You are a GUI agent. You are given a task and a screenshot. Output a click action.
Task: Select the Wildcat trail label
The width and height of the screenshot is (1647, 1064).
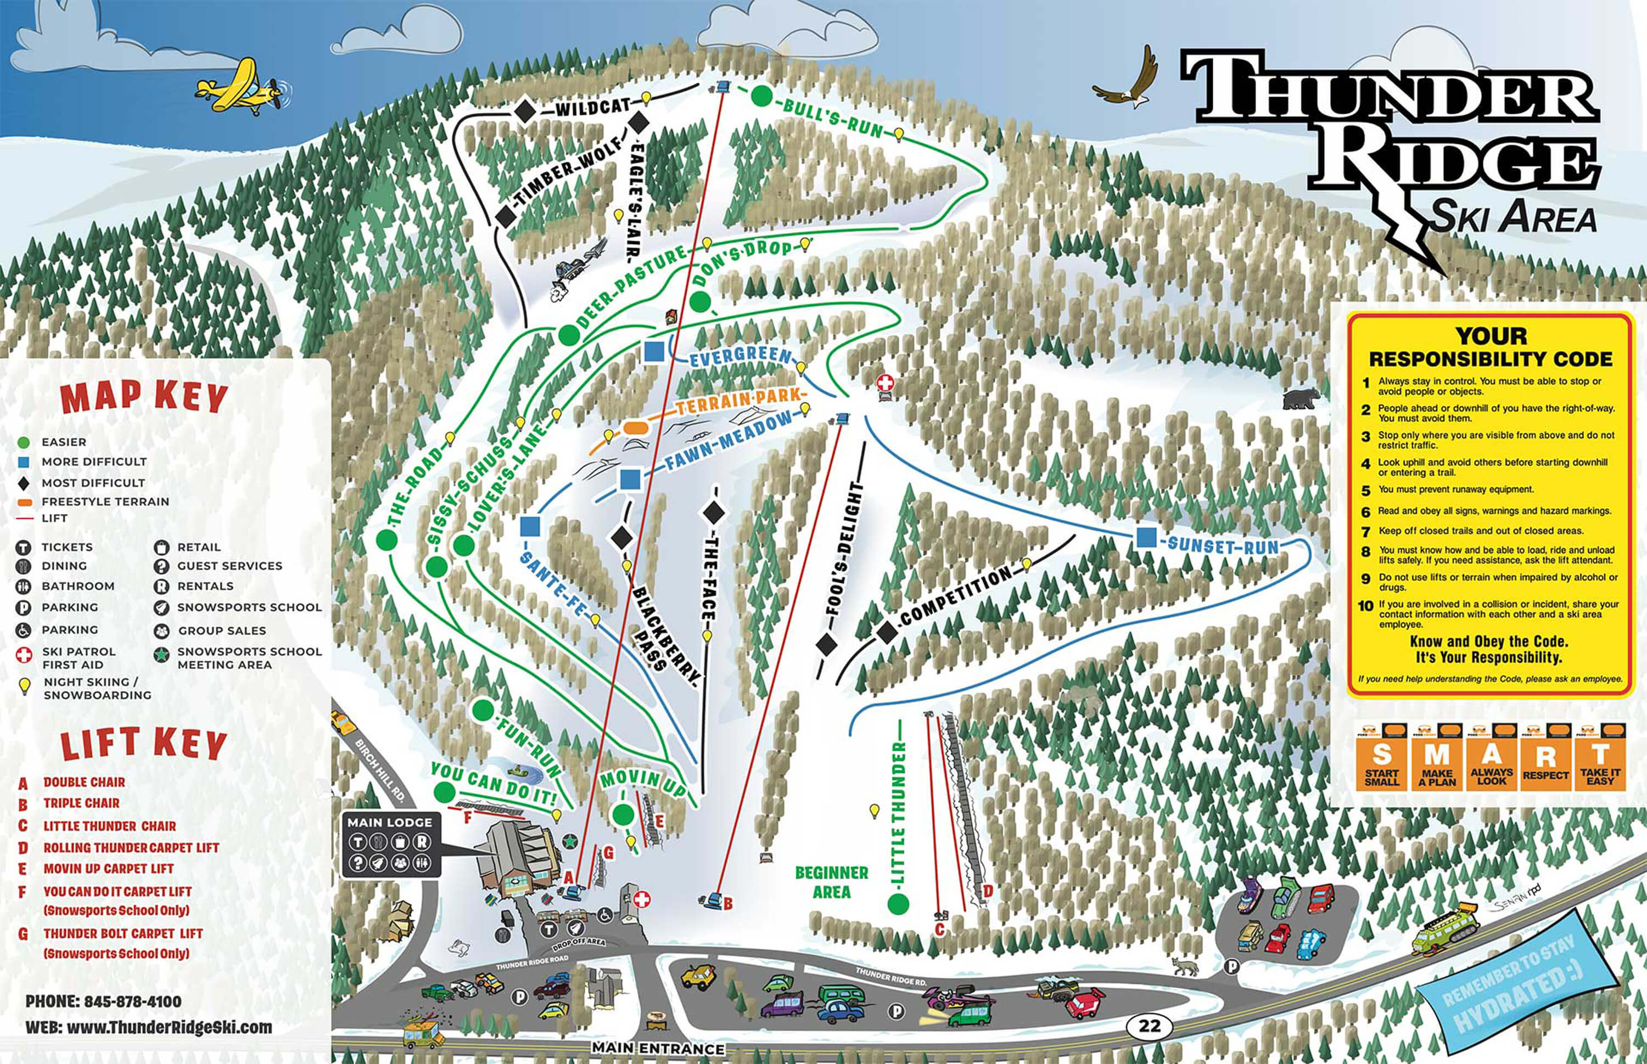pos(592,108)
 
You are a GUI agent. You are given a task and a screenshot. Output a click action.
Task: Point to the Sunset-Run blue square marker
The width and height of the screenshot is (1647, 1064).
pos(1145,537)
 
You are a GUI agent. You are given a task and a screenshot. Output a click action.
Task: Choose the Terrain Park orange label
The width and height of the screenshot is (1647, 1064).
pos(737,398)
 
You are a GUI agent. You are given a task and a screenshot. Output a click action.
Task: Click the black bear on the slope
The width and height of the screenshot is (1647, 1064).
pos(1300,398)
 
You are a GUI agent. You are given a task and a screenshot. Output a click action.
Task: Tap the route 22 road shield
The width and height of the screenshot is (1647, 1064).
pos(1150,1024)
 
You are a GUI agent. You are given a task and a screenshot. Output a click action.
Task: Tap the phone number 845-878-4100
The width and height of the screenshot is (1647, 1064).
pos(104,1001)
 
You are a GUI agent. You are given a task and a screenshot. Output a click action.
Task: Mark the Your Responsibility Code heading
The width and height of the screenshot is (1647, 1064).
pos(1490,347)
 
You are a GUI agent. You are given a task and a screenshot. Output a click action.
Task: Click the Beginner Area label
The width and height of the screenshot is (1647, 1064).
pos(831,882)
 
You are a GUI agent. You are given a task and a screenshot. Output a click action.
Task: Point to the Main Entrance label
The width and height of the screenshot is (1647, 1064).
pos(657,1049)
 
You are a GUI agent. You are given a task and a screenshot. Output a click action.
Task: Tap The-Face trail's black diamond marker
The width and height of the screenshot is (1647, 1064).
pos(713,513)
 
